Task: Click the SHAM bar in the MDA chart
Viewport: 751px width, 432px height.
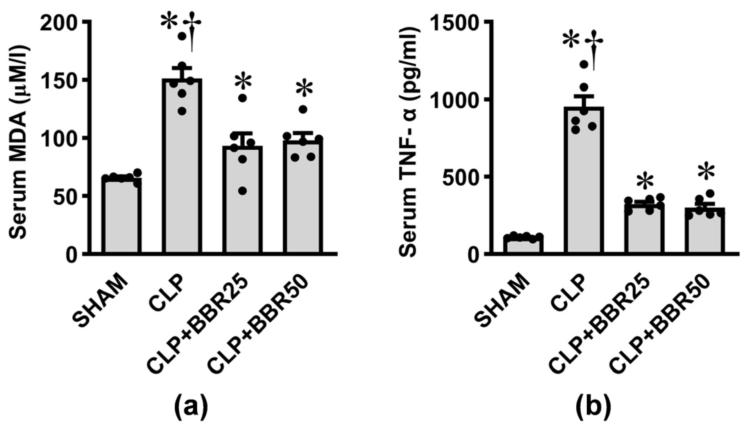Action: [x=122, y=216]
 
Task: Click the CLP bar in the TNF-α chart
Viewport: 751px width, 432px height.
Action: [x=584, y=181]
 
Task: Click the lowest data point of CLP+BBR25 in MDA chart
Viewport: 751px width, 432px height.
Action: [x=243, y=191]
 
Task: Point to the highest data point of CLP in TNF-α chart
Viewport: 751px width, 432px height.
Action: [x=584, y=64]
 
